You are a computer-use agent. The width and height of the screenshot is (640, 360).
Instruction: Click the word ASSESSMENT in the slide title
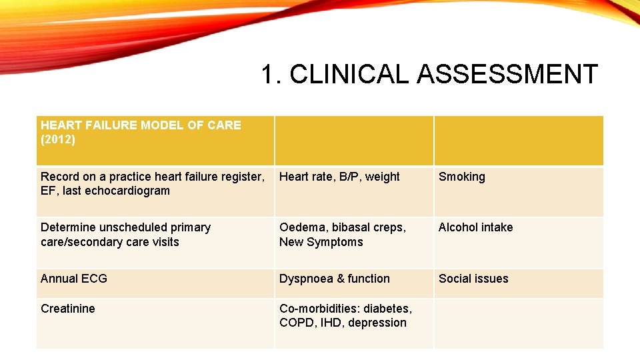(507, 75)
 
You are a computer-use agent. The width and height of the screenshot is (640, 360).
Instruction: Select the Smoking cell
(461, 177)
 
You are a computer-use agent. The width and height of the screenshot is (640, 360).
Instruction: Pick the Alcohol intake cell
(475, 227)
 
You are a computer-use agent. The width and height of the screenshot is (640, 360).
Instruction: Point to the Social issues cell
(473, 279)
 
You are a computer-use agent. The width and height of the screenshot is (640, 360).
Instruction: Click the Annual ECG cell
(73, 279)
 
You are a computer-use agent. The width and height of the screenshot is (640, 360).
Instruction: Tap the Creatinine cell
(67, 309)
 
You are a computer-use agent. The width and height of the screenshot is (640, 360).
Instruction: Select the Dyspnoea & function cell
(334, 279)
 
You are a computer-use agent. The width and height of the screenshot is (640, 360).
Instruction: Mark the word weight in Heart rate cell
(382, 177)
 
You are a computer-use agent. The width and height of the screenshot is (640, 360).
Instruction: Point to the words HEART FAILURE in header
(83, 125)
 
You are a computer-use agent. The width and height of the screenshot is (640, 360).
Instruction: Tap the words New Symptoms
(321, 242)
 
